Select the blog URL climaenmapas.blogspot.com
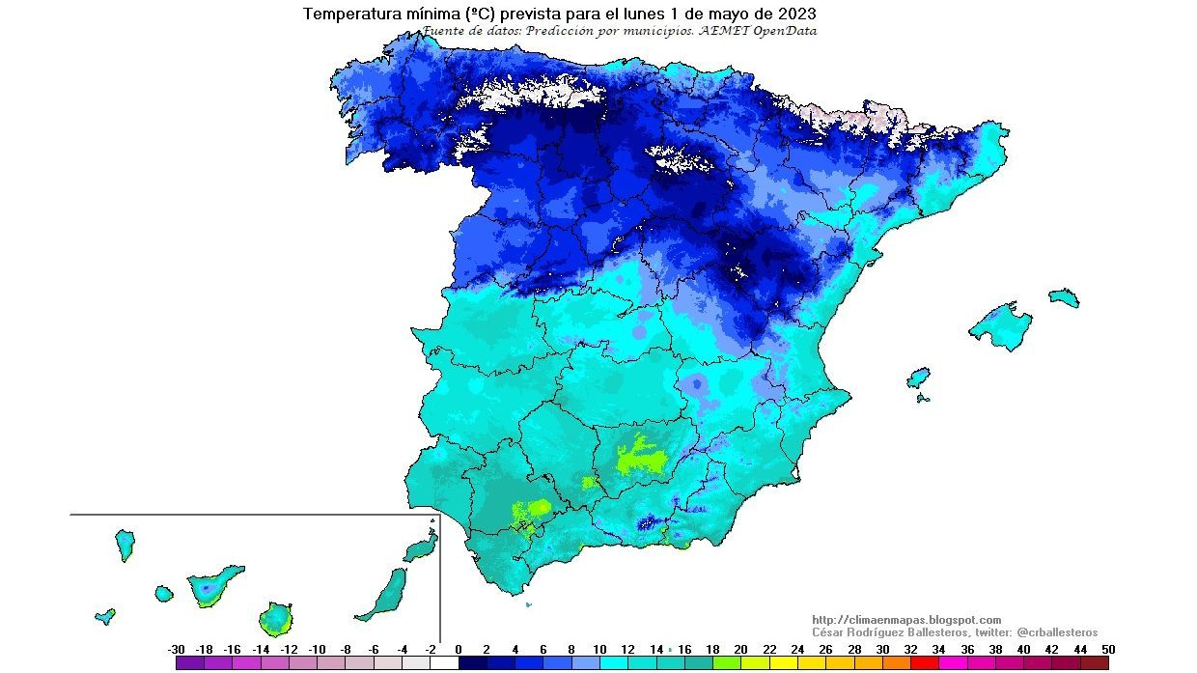906,620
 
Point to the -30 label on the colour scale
176,650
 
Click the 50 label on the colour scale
1107,650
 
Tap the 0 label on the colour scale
458,650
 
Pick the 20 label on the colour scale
740,650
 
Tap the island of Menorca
1064,297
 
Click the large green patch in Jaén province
638,457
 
